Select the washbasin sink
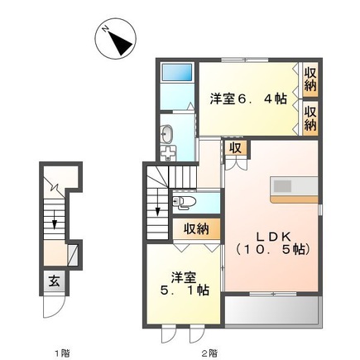click(x=167, y=132)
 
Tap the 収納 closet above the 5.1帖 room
click(x=196, y=228)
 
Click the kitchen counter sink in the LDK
click(x=281, y=185)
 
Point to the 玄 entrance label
click(x=52, y=279)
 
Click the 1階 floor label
click(x=62, y=352)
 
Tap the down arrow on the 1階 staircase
click(x=54, y=221)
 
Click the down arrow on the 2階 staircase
click(x=159, y=217)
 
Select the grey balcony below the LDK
click(x=273, y=312)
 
